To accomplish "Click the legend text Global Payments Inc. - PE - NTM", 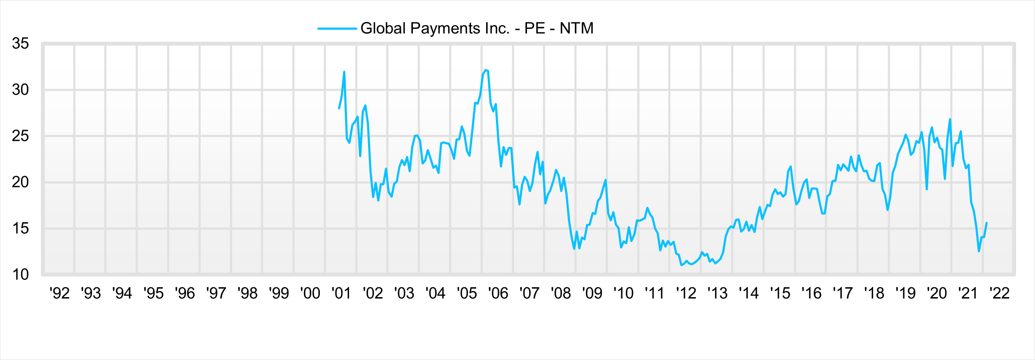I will tap(477, 28).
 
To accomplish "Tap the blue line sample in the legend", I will tap(337, 29).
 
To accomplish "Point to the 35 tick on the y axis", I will tap(20, 43).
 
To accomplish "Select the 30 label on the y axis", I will tap(20, 90).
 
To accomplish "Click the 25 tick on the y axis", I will tap(20, 136).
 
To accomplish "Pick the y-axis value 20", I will tap(20, 182).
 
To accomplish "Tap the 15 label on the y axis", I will tap(20, 228).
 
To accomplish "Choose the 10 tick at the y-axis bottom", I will tap(20, 274).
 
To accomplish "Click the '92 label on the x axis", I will tap(59, 293).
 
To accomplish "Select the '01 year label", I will tap(341, 293).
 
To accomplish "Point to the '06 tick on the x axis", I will tap(498, 293).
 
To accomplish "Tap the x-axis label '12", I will tap(686, 293).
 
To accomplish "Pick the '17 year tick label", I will tap(843, 293).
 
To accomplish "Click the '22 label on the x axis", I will tap(1000, 293).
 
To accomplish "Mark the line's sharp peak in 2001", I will tap(344, 72).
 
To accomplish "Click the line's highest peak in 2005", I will tap(485, 70).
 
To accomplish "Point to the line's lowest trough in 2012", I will tap(681, 265).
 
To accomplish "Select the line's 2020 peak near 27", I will tap(950, 119).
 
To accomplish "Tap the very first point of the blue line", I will tap(339, 108).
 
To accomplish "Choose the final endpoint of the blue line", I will tap(986, 223).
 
